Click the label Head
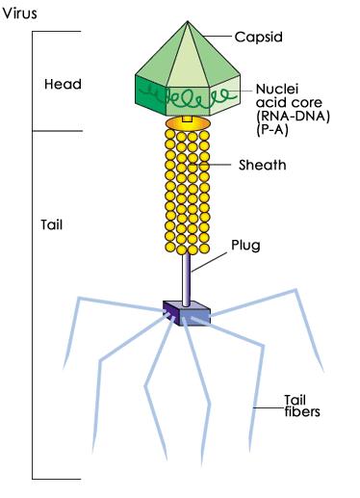coord(63,84)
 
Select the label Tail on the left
coord(52,226)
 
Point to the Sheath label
coord(263,165)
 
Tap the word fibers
coord(301,412)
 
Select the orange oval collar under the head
coord(189,124)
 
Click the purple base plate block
coord(188,311)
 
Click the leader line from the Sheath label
coord(223,165)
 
